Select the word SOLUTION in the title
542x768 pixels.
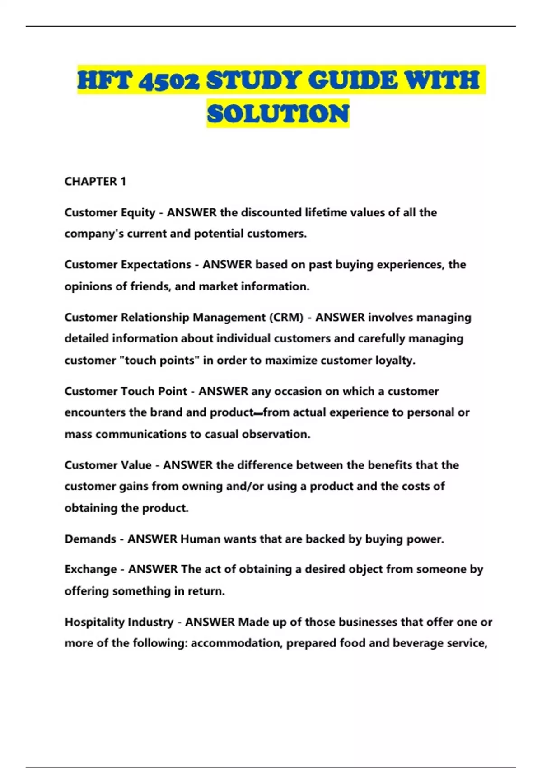tap(278, 113)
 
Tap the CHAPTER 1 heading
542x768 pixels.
tap(95, 182)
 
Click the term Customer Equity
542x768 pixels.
tap(110, 212)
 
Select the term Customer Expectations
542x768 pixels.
tap(128, 265)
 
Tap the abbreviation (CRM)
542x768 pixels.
tap(286, 318)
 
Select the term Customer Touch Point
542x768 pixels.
tap(126, 391)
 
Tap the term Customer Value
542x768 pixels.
tap(108, 465)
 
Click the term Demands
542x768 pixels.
tap(90, 539)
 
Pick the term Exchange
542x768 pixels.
tap(91, 569)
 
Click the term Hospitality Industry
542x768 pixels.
tap(119, 622)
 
